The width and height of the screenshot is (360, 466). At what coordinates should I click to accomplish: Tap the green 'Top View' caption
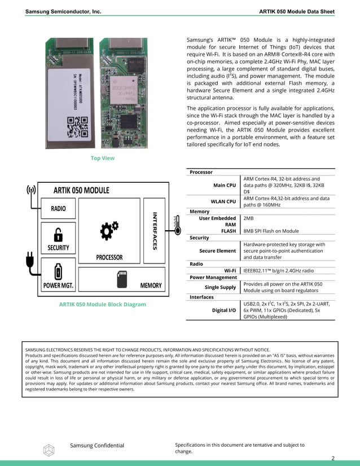[x=103, y=158]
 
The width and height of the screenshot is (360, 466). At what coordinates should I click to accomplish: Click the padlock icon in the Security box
[x=58, y=234]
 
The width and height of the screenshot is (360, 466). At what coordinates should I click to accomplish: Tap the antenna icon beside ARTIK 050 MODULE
[x=30, y=190]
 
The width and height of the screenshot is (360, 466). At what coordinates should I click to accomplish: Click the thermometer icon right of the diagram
[x=176, y=227]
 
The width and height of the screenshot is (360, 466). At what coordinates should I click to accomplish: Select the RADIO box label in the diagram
[x=58, y=208]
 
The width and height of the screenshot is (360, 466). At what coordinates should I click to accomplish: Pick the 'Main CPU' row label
[x=225, y=185]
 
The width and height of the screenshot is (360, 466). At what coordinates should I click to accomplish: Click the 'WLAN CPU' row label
[x=223, y=201]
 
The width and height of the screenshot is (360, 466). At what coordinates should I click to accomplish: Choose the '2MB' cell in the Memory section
[x=248, y=218]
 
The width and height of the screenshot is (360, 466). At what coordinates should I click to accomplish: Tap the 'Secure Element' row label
[x=217, y=251]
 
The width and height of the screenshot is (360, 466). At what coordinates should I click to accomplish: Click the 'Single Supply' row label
[x=220, y=287]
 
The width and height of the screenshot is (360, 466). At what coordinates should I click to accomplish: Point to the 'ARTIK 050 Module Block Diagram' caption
[x=102, y=304]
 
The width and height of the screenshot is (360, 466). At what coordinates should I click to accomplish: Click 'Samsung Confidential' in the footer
[x=96, y=446]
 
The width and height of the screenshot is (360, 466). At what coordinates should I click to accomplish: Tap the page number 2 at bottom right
[x=332, y=458]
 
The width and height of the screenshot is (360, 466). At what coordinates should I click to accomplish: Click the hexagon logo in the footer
[x=49, y=449]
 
